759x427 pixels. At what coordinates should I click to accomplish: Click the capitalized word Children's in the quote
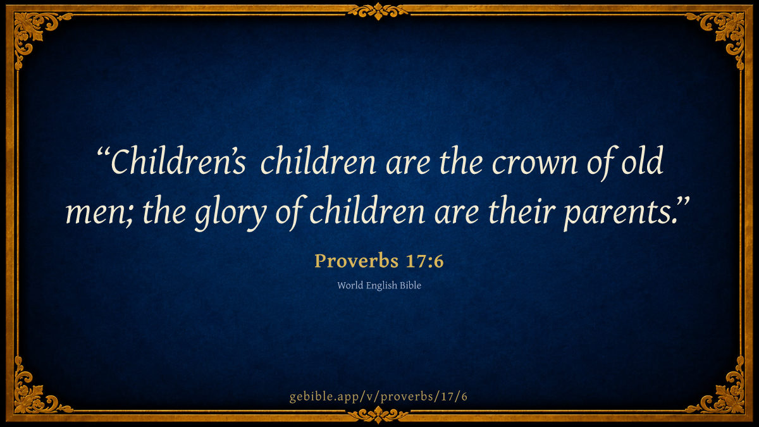pyautogui.click(x=178, y=160)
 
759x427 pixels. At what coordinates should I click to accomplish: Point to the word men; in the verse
pyautogui.click(x=99, y=213)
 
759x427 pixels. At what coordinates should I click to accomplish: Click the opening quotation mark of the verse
pyautogui.click(x=103, y=152)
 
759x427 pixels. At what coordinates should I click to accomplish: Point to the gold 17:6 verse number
pyautogui.click(x=424, y=261)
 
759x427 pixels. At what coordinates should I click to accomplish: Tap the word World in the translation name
pyautogui.click(x=350, y=285)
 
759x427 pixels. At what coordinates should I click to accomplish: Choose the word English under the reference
pyautogui.click(x=381, y=286)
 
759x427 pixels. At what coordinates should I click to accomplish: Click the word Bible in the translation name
pyautogui.click(x=410, y=285)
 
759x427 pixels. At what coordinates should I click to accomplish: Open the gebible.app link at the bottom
pyautogui.click(x=378, y=397)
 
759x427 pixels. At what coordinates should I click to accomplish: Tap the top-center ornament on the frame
pyautogui.click(x=378, y=11)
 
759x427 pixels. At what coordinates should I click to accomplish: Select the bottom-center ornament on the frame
pyautogui.click(x=378, y=414)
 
